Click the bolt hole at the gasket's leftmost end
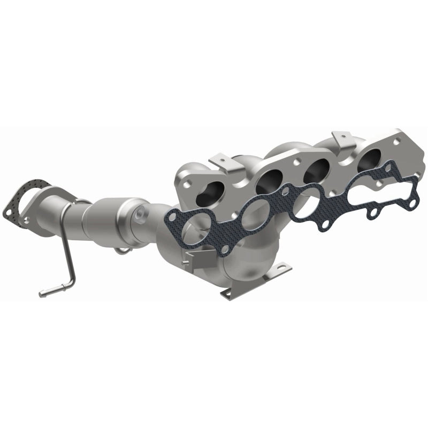[171, 216]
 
